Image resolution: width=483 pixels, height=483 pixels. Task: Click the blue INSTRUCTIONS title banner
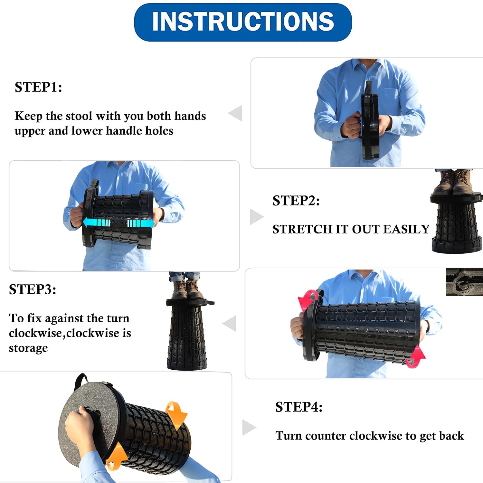click(x=243, y=22)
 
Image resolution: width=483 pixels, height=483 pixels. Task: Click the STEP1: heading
click(x=38, y=87)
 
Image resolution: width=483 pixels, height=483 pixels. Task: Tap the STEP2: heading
click(x=296, y=201)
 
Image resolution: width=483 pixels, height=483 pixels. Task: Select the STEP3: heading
click(x=33, y=289)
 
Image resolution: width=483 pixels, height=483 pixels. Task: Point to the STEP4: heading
click(x=299, y=407)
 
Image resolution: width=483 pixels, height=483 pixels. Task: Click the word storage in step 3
click(x=28, y=348)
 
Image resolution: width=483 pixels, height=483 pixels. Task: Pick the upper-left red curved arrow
click(x=308, y=300)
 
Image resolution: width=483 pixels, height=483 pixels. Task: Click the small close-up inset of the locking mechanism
click(x=464, y=282)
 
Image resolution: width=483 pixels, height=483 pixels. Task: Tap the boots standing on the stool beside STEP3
click(x=187, y=289)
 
